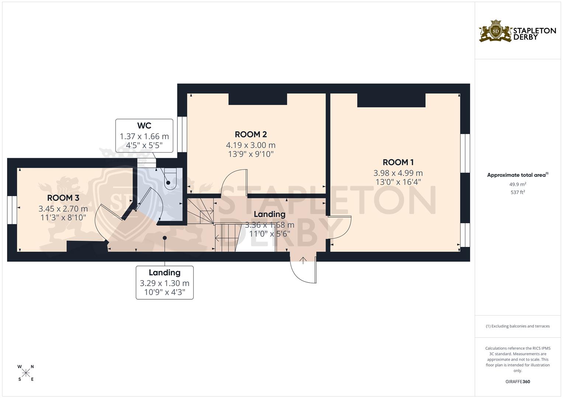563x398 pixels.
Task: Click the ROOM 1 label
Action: click(x=398, y=162)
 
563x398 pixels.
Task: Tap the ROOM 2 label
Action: click(x=251, y=135)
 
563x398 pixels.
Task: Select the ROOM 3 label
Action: click(x=63, y=198)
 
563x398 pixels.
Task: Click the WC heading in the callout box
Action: click(x=144, y=126)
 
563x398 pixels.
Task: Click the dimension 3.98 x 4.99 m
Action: click(x=398, y=173)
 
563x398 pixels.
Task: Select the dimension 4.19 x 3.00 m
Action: click(x=251, y=145)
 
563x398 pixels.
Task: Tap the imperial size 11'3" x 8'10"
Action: click(x=63, y=217)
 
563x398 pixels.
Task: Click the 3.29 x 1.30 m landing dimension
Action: click(x=164, y=283)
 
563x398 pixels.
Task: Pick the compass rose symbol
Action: click(x=26, y=373)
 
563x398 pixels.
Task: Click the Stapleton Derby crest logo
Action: click(x=496, y=32)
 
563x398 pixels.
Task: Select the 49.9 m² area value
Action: click(x=518, y=184)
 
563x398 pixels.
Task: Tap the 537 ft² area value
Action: click(x=518, y=192)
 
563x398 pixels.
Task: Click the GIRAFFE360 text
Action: click(x=518, y=382)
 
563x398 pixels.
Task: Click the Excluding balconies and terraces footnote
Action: click(x=518, y=326)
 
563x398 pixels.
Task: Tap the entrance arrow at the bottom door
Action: click(x=303, y=261)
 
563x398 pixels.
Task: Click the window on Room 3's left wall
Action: click(x=12, y=210)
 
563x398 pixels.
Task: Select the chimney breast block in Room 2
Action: click(x=258, y=99)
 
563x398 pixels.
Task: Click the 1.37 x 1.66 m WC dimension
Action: click(x=144, y=136)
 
